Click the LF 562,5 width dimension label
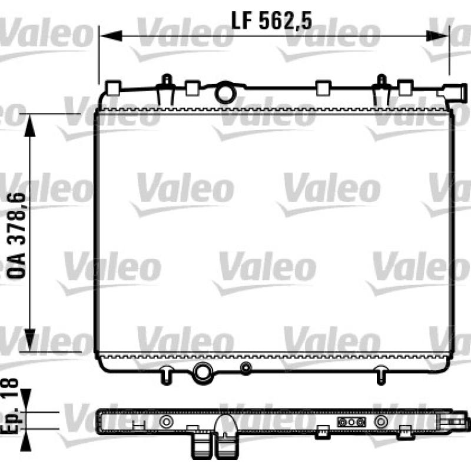click(x=271, y=21)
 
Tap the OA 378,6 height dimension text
click(x=16, y=236)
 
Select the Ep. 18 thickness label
click(x=11, y=406)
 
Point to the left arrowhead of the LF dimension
click(x=111, y=36)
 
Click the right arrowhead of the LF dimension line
click(x=437, y=36)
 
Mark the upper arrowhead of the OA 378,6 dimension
click(x=29, y=125)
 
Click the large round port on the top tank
click(x=225, y=93)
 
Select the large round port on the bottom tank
click(x=203, y=373)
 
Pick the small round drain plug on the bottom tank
click(x=246, y=367)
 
